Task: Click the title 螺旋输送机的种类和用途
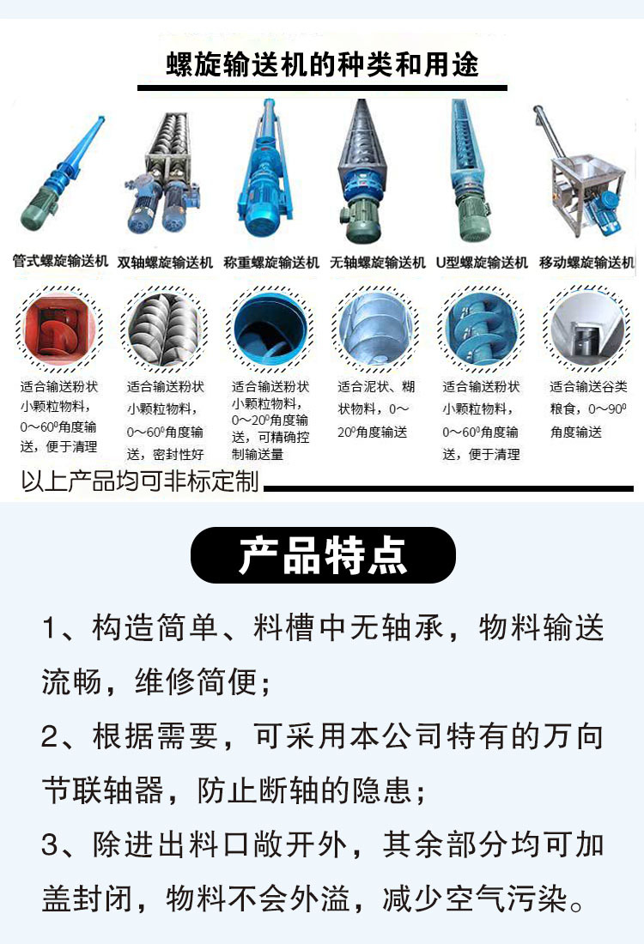(322, 64)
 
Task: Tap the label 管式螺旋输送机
(60, 261)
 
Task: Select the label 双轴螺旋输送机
(165, 263)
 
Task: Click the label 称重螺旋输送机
(271, 263)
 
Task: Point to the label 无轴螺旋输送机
(378, 263)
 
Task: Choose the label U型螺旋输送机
(482, 263)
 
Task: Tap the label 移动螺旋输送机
(586, 263)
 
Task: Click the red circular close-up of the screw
(58, 329)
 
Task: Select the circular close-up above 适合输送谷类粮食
(587, 329)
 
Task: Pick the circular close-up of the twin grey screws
(165, 329)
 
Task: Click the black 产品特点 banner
(323, 555)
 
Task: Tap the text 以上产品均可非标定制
(140, 481)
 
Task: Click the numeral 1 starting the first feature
(50, 628)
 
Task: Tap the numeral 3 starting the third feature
(50, 845)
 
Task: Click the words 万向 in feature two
(573, 737)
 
